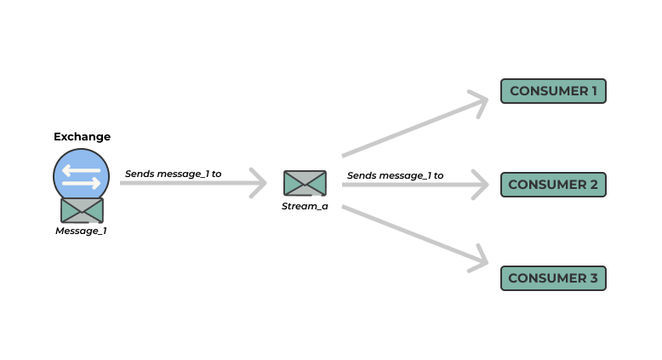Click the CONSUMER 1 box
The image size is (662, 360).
point(553,91)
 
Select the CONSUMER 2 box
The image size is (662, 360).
point(553,185)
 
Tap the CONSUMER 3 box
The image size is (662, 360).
point(553,278)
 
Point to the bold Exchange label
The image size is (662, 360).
point(82,136)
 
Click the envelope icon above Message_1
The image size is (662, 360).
point(82,210)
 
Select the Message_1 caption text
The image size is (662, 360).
point(82,231)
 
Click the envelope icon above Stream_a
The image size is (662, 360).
point(305,183)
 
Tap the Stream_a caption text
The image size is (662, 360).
point(305,206)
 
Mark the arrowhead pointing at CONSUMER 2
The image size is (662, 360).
point(482,184)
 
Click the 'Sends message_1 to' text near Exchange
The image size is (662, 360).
point(173,174)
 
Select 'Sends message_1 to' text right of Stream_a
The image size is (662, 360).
point(395,175)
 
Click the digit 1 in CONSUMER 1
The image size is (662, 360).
point(595,91)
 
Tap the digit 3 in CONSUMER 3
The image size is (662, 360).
point(594,278)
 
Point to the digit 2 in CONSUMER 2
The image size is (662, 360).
point(594,185)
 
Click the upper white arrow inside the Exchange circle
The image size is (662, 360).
point(82,169)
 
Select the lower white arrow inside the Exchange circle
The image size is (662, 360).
point(82,182)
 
